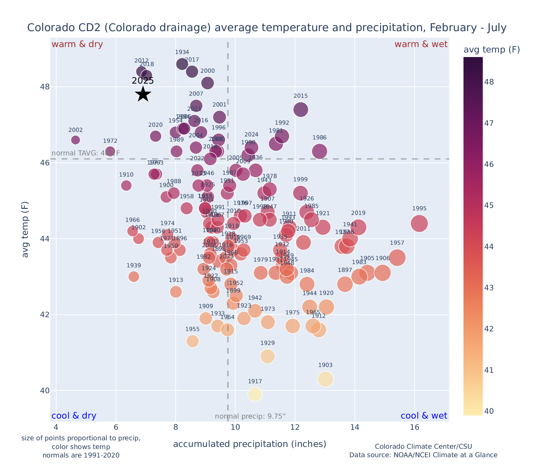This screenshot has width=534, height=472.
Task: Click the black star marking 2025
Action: click(143, 94)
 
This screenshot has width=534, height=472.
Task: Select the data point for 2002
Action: click(75, 140)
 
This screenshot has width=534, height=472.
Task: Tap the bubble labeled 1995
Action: click(419, 224)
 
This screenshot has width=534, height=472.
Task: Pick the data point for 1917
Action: click(255, 394)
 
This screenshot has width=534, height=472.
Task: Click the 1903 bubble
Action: click(325, 379)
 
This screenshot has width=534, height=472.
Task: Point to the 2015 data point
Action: click(300, 110)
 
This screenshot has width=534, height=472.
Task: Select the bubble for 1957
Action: click(397, 258)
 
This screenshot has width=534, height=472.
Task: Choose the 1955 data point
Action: click(193, 341)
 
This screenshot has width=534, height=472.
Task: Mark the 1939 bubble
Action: click(134, 276)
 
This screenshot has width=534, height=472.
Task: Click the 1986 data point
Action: click(319, 151)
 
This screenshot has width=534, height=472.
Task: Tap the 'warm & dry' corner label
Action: click(77, 44)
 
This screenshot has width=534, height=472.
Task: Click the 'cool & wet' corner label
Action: click(424, 416)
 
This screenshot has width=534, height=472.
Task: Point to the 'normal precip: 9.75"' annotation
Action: click(250, 416)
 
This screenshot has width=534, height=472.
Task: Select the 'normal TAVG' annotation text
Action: click(86, 153)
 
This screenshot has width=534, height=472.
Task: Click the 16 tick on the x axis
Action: click(415, 427)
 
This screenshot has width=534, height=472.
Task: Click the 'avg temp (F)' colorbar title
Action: click(492, 50)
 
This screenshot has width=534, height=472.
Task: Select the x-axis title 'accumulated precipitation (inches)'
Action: click(250, 444)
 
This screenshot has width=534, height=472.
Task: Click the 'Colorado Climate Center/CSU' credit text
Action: click(423, 446)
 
